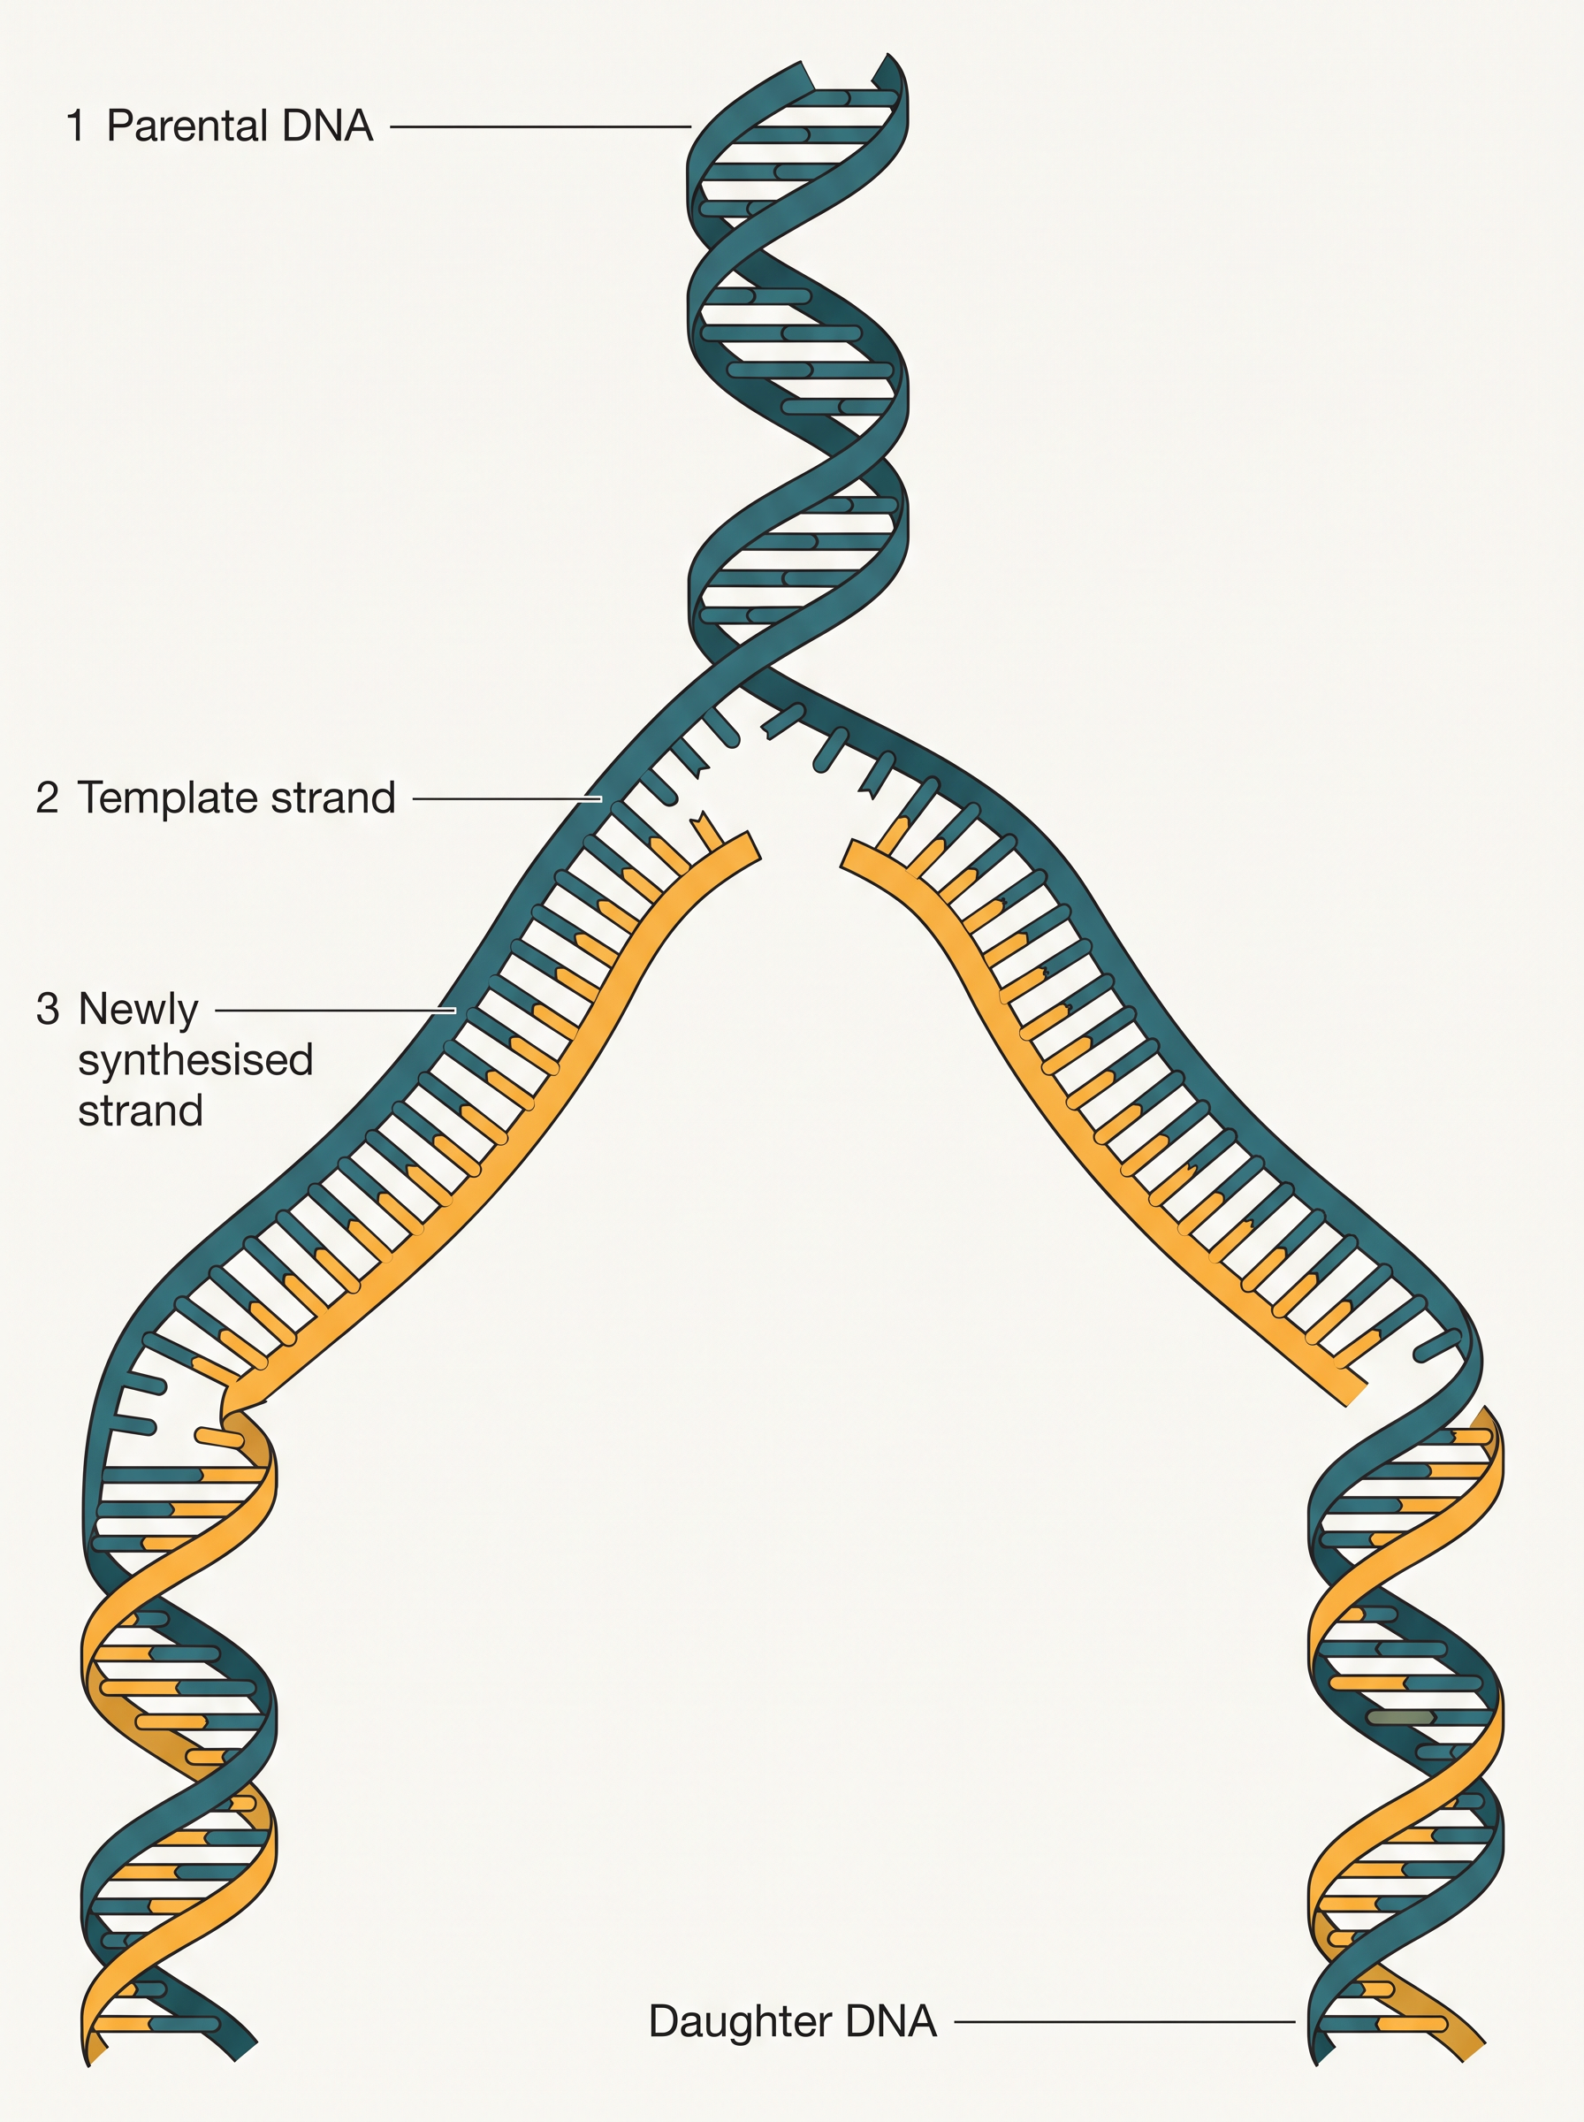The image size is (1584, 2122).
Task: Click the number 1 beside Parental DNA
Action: pos(76,126)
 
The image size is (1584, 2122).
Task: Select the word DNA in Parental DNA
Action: pos(326,126)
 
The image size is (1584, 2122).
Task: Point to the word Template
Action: pos(169,798)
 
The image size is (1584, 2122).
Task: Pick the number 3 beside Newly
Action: pos(48,1009)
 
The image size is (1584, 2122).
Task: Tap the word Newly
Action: pos(138,1011)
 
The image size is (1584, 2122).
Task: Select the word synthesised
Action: pos(195,1060)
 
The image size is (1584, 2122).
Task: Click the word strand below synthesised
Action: pos(140,1111)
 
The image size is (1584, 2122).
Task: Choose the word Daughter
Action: pos(737,2021)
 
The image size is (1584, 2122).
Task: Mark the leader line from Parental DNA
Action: pos(541,126)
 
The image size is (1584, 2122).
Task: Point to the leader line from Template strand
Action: pos(507,798)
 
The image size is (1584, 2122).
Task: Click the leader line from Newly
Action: pos(336,1010)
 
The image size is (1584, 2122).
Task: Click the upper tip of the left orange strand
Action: pos(751,848)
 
